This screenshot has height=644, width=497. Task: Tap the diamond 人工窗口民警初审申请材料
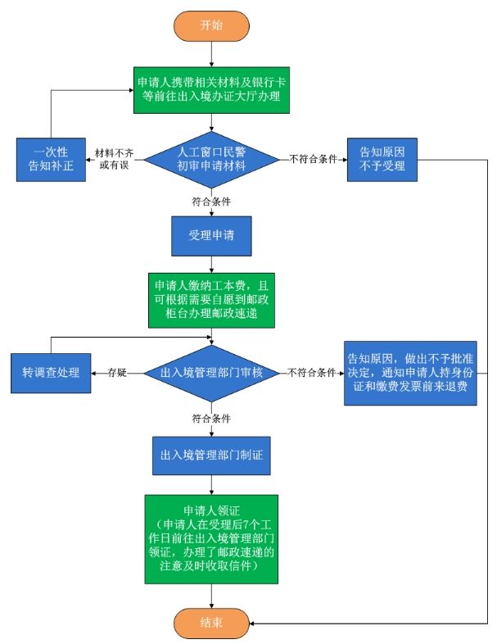[212, 156]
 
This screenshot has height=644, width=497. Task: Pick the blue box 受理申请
[211, 236]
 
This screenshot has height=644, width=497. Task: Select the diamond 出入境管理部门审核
[212, 373]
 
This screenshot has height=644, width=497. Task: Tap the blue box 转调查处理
[51, 373]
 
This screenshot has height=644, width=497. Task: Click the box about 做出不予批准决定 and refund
[410, 373]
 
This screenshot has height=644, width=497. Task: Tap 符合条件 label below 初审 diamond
[210, 199]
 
